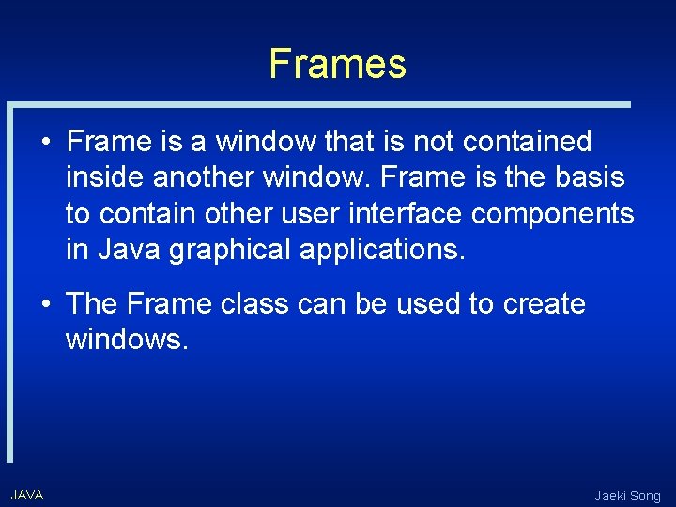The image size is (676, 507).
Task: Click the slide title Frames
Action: [x=337, y=64]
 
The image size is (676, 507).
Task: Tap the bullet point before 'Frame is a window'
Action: [x=45, y=143]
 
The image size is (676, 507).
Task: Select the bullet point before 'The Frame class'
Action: [x=45, y=305]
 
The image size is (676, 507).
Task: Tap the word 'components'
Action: [x=553, y=215]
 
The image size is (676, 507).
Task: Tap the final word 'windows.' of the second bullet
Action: [x=128, y=340]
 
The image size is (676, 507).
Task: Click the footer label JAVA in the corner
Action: [x=27, y=494]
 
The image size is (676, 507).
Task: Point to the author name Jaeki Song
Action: [x=627, y=496]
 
